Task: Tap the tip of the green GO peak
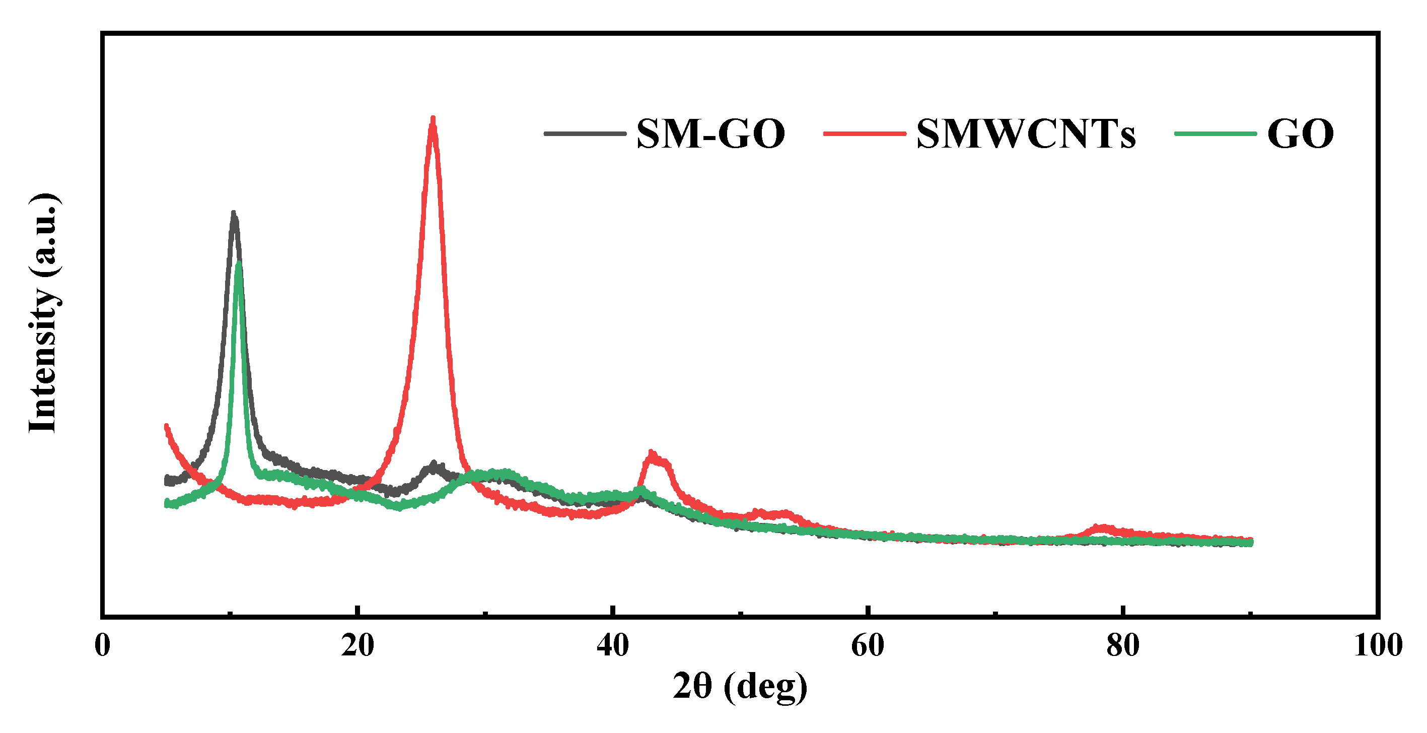(x=239, y=263)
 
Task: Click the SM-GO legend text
(x=710, y=134)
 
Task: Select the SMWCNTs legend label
(x=1025, y=134)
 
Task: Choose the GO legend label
(x=1300, y=134)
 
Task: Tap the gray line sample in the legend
(x=585, y=134)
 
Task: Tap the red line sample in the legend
(x=865, y=134)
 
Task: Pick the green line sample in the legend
(x=1216, y=134)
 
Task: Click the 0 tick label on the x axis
(x=103, y=645)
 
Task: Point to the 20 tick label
(x=358, y=645)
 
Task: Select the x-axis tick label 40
(x=613, y=645)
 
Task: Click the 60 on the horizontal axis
(x=868, y=645)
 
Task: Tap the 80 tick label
(x=1123, y=645)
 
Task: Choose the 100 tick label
(x=1378, y=645)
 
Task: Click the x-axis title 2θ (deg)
(x=740, y=687)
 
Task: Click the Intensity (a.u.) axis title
(x=43, y=313)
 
